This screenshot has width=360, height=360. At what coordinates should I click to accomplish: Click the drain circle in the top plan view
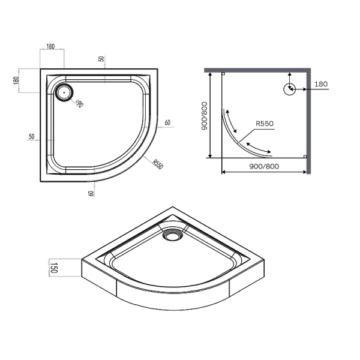[x=64, y=91]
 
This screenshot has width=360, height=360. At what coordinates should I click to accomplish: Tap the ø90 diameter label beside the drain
[x=79, y=103]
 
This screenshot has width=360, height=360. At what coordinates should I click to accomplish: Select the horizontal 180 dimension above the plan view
[x=52, y=47]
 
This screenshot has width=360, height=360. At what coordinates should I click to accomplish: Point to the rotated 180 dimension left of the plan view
[x=17, y=80]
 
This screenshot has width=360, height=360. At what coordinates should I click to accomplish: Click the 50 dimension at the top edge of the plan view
[x=101, y=59]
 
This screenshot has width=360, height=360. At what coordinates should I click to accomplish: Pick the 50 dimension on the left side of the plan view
[x=31, y=137]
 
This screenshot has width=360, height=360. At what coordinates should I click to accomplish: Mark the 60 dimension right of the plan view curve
[x=167, y=123]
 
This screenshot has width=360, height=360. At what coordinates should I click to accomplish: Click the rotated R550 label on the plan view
[x=158, y=164]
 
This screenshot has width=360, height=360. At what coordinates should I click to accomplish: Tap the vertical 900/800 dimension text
[x=205, y=116]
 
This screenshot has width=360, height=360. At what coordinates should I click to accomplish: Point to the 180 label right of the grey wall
[x=320, y=85]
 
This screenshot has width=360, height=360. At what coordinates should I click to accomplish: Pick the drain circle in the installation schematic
[x=289, y=89]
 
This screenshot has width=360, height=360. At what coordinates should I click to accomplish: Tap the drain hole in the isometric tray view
[x=172, y=236]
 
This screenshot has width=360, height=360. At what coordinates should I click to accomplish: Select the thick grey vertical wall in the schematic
[x=308, y=120]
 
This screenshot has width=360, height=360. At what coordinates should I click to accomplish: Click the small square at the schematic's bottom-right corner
[x=305, y=157]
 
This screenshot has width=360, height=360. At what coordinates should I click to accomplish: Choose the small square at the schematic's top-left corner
[x=223, y=74]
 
